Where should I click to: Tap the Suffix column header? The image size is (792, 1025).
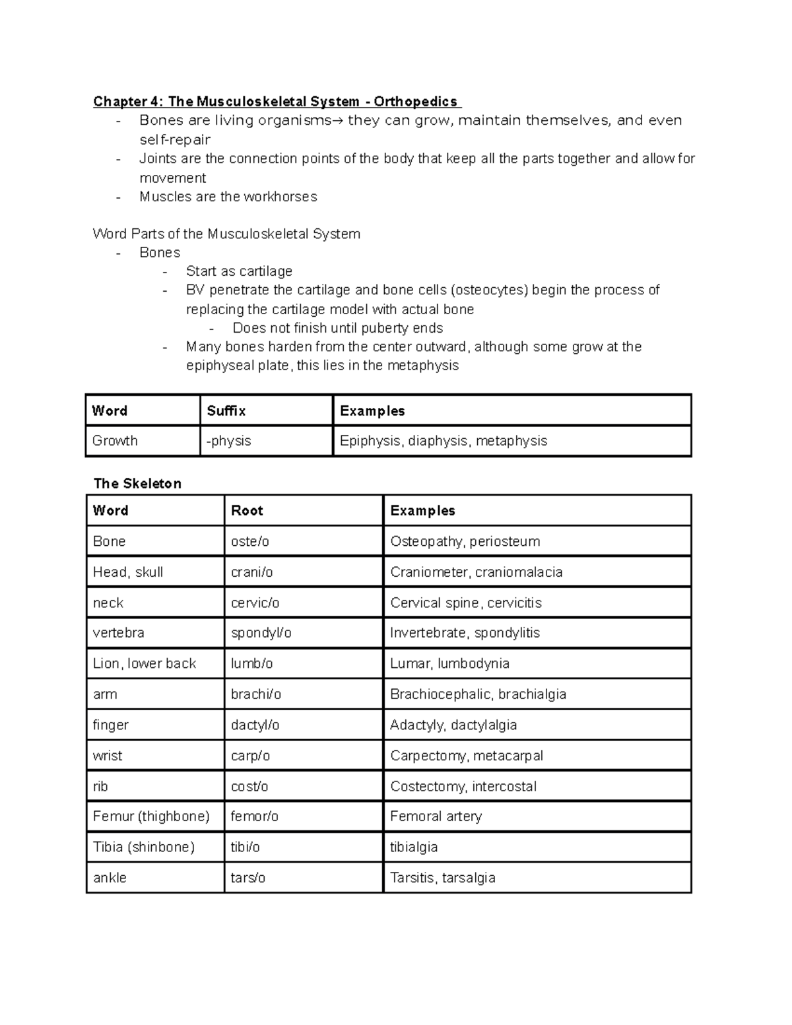click(226, 411)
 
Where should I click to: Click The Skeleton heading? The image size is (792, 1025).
click(137, 483)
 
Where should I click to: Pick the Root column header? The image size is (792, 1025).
click(247, 510)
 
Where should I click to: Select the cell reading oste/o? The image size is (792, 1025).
click(250, 541)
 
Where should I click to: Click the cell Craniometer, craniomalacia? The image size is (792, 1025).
click(476, 572)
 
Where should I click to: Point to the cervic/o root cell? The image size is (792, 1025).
click(255, 603)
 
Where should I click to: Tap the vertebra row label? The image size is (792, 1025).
click(119, 632)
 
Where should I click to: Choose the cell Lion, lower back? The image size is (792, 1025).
click(145, 663)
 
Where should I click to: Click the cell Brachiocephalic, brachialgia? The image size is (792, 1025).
click(478, 694)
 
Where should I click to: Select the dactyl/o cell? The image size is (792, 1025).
click(255, 725)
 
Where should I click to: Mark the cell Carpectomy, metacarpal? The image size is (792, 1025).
click(466, 756)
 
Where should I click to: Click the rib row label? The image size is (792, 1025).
click(100, 786)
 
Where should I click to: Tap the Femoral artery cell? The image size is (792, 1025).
click(436, 816)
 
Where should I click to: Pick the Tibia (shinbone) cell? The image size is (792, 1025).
click(144, 847)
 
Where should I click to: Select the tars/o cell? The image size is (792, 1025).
click(248, 878)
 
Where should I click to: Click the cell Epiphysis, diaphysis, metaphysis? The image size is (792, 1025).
click(444, 441)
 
